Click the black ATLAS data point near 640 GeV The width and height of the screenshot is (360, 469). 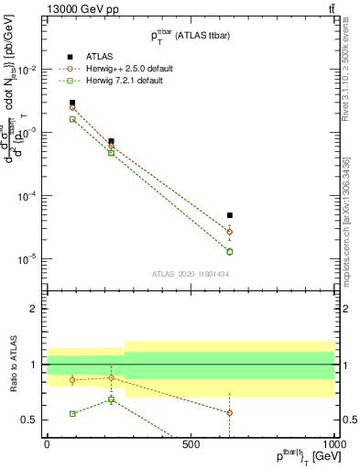[x=230, y=215]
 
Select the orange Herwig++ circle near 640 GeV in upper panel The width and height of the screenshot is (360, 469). [x=230, y=232]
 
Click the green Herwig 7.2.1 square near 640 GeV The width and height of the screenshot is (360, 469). [x=230, y=251]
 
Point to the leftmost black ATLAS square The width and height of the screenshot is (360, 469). [x=72, y=103]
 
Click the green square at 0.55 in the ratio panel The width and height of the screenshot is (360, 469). [x=72, y=414]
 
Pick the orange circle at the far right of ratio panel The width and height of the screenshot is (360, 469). [x=230, y=413]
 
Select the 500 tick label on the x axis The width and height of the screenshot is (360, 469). [x=191, y=443]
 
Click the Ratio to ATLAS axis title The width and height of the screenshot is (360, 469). [x=12, y=364]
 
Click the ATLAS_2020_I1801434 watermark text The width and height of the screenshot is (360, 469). [x=191, y=274]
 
